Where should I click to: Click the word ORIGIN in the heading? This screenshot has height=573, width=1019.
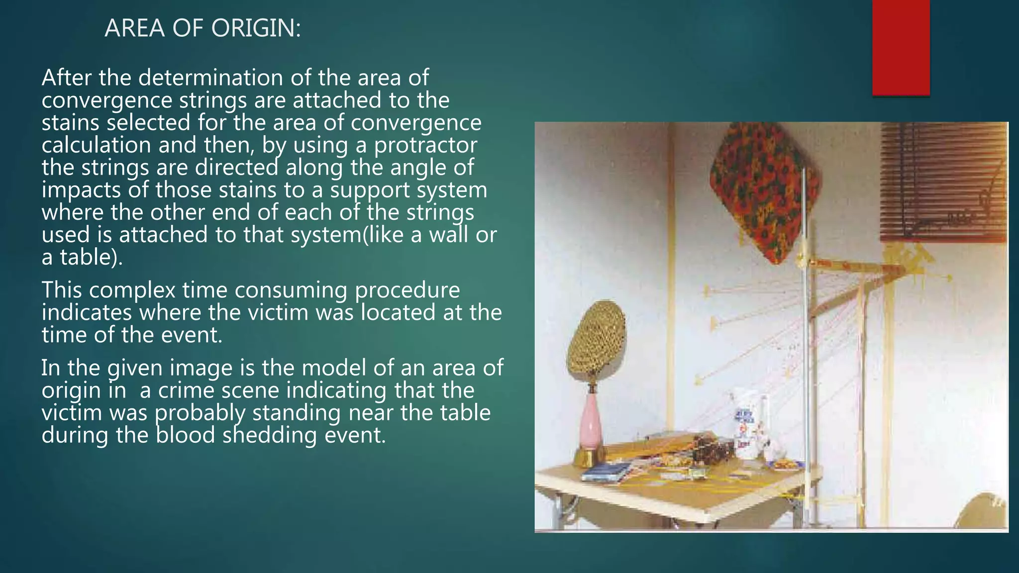(256, 28)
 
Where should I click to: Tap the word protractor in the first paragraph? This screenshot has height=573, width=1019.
(425, 145)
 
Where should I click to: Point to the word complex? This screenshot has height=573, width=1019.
(130, 290)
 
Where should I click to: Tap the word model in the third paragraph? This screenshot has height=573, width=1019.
(330, 369)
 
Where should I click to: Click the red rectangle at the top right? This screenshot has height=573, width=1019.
(901, 47)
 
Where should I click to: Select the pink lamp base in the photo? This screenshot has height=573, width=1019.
(592, 423)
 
